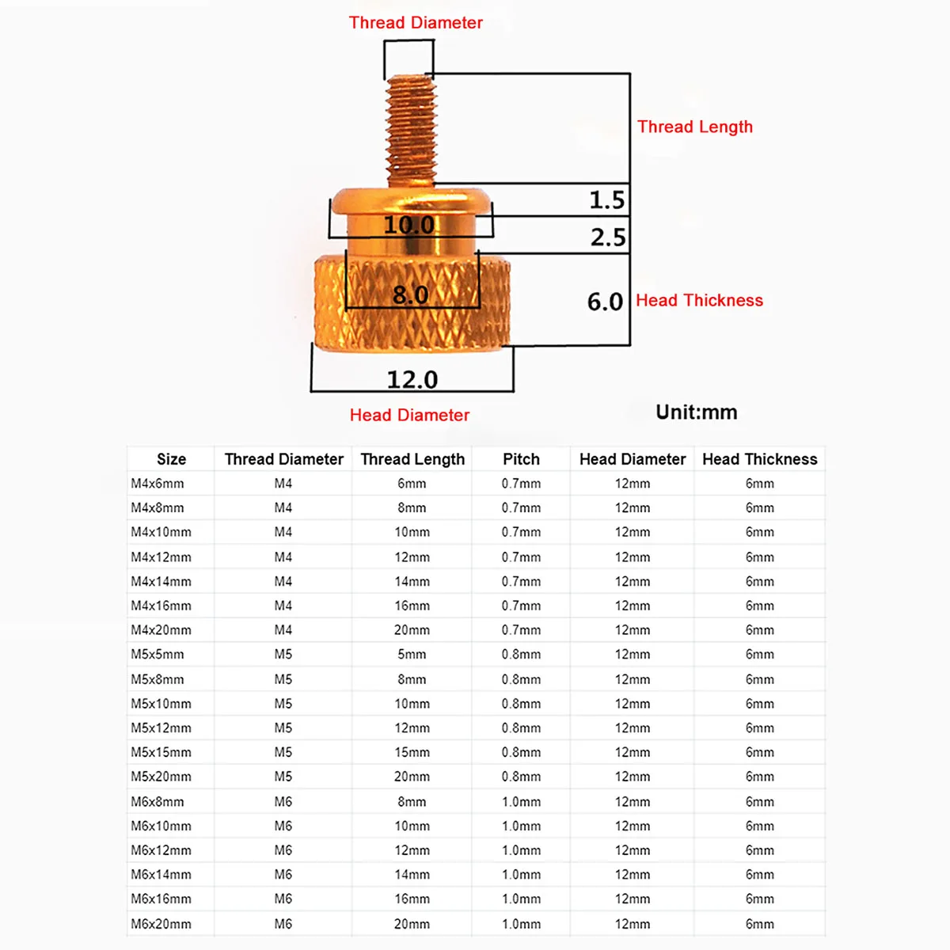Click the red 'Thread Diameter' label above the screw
click(416, 23)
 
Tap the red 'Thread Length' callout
click(694, 127)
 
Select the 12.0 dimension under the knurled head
click(412, 380)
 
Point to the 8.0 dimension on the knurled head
click(410, 295)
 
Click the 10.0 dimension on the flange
click(409, 225)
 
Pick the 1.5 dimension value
click(606, 200)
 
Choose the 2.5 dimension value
click(607, 237)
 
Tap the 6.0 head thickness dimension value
click(605, 302)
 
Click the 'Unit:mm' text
click(696, 412)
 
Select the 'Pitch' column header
click(521, 459)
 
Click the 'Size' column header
click(171, 459)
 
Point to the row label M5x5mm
click(158, 655)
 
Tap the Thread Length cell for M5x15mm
click(412, 752)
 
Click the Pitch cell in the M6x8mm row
click(521, 802)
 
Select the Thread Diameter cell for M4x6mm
click(283, 484)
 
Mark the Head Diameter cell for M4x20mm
click(633, 630)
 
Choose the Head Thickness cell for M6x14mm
click(759, 875)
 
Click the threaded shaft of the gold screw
click(412, 131)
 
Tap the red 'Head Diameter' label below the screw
click(409, 416)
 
